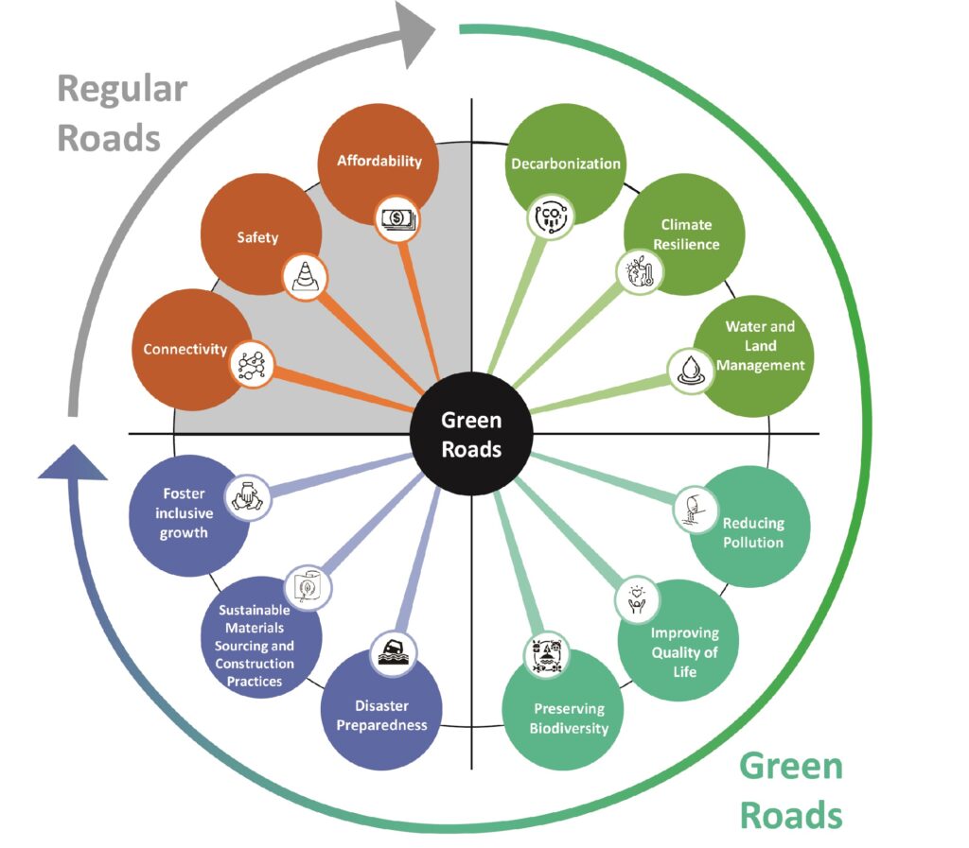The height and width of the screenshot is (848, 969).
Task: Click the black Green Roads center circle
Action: pos(471,435)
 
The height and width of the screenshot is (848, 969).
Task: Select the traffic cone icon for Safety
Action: pos(305,276)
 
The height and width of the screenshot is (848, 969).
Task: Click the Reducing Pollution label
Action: pos(753,533)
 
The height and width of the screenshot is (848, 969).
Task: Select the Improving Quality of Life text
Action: pos(684,651)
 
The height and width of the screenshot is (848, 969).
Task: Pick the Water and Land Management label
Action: pos(760,345)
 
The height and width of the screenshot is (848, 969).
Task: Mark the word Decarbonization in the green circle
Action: pos(566,164)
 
